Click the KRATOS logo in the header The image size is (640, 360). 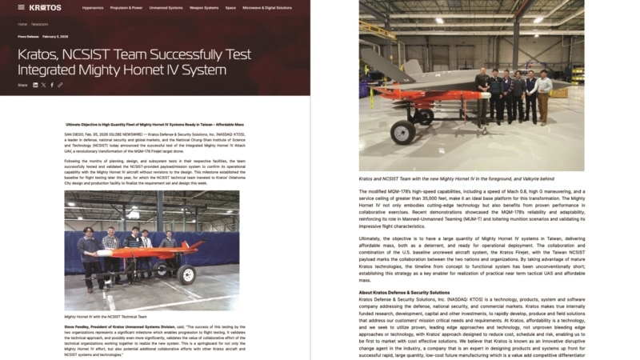point(45,7)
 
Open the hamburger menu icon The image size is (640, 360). point(22,7)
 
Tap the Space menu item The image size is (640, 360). point(230,7)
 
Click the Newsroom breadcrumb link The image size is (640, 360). point(40,24)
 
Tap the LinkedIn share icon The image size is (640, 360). point(35,85)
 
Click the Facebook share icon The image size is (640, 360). point(52,85)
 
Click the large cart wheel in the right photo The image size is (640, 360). point(403,132)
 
